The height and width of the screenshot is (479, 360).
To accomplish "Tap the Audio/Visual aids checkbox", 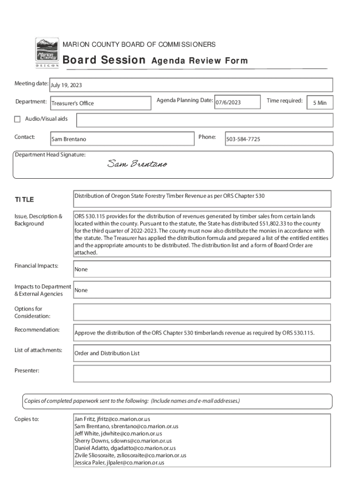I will (17, 119).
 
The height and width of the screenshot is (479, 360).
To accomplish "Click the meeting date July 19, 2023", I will (66, 85).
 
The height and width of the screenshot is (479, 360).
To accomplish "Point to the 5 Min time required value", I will (320, 103).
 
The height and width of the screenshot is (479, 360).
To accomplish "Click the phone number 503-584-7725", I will (244, 139).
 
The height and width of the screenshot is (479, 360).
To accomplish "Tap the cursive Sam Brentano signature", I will (137, 164).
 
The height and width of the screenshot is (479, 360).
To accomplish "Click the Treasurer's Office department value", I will (72, 103).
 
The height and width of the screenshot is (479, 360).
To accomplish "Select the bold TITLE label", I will (24, 200).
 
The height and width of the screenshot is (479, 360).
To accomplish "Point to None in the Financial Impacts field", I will (81, 269).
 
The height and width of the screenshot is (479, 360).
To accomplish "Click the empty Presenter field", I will (202, 374).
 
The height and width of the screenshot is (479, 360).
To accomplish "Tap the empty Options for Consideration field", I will (202, 312).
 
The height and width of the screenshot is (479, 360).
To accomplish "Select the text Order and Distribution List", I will (107, 353).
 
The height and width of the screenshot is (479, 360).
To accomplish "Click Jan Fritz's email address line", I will (112, 419).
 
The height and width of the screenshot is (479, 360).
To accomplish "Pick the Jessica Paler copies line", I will (119, 463).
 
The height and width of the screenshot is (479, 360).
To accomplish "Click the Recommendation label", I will (37, 330).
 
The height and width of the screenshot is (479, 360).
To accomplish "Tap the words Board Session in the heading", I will (104, 60).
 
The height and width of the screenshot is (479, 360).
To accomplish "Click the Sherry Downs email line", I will (123, 441).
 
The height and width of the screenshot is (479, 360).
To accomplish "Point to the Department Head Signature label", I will (50, 155).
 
